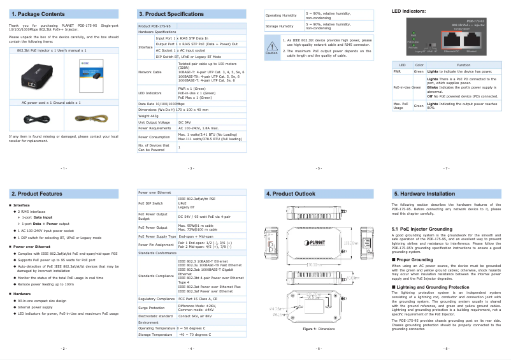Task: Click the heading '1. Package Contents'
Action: pos(38,13)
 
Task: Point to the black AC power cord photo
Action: pos(37,117)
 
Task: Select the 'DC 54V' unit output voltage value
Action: pos(184,122)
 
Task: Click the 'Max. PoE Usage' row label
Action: pos(401,106)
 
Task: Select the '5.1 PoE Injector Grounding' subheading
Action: pos(422,228)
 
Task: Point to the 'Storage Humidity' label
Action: pos(279,26)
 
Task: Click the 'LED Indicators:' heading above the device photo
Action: pos(409,11)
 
